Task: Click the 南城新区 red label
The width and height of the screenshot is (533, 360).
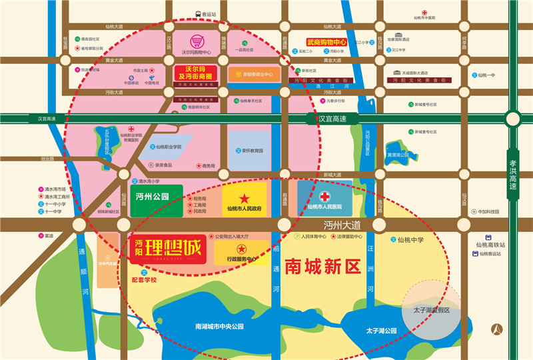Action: point(322,267)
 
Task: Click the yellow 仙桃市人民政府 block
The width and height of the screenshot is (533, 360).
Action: point(244,200)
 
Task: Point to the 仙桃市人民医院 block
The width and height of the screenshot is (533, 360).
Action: point(325,199)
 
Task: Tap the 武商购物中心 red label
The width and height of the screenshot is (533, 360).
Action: point(328,41)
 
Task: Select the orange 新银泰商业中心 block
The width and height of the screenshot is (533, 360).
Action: point(254,74)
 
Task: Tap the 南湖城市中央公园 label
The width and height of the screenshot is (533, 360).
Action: point(220,327)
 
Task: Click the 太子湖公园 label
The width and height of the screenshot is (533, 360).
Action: point(381,331)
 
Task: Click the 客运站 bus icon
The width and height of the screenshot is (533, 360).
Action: point(198,13)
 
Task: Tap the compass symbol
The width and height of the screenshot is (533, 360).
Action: point(496,329)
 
